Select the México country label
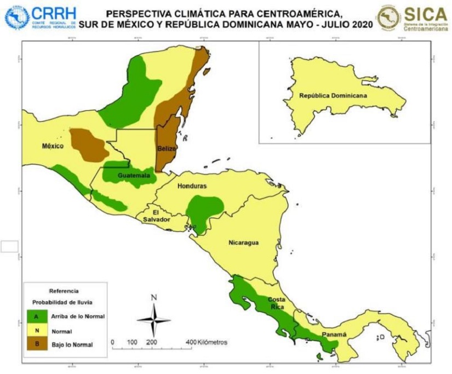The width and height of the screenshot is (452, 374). pos(53,146)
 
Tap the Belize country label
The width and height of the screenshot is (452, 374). pos(167,149)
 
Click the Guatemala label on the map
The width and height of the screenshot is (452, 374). pos(134,175)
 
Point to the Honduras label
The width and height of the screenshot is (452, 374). pos(192,186)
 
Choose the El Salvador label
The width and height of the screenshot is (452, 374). pos(155,216)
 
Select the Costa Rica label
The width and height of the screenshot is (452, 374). pos(276,303)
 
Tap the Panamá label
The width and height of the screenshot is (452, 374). pos(334,335)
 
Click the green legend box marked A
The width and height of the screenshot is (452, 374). pos(36,317)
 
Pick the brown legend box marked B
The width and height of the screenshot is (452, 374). pos(36,344)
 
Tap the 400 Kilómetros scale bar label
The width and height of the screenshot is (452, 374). pos(208,342)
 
